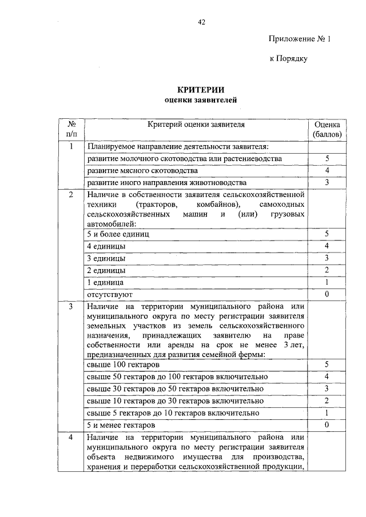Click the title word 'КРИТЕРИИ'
(x=201, y=90)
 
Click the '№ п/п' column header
(x=71, y=129)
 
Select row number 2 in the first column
(x=71, y=195)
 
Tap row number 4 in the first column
(x=71, y=438)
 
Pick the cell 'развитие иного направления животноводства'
(x=166, y=183)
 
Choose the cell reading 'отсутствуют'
(x=110, y=295)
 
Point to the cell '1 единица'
(x=105, y=282)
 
